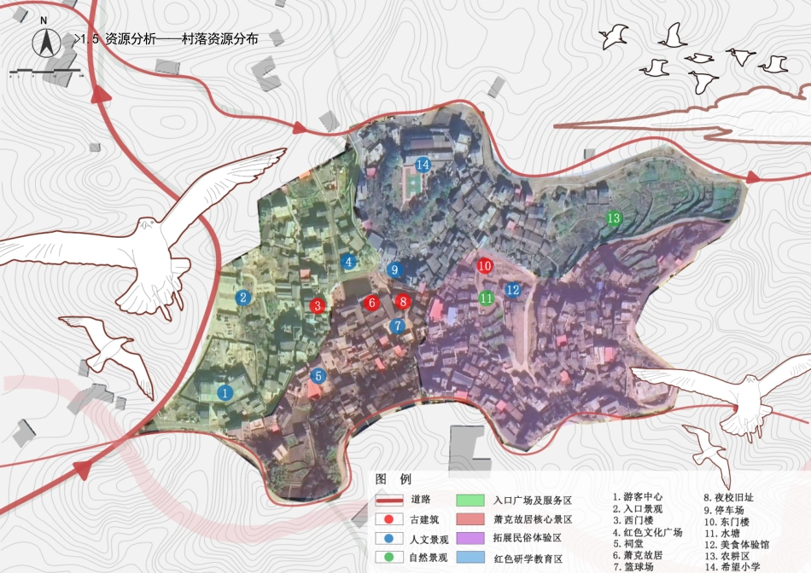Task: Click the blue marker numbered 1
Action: click(225, 393)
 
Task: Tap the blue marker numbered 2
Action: click(243, 298)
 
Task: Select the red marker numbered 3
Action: click(318, 305)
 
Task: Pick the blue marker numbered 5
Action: click(318, 375)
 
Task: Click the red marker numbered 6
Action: click(371, 302)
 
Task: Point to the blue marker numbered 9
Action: click(394, 269)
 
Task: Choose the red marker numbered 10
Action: click(485, 266)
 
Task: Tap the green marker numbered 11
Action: click(486, 298)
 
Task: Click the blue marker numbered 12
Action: click(512, 290)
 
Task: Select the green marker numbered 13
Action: click(613, 218)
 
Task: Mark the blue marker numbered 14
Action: click(422, 165)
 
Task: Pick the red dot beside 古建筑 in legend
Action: click(388, 519)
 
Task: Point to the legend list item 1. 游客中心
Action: click(638, 496)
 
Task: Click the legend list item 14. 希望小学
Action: click(732, 566)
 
